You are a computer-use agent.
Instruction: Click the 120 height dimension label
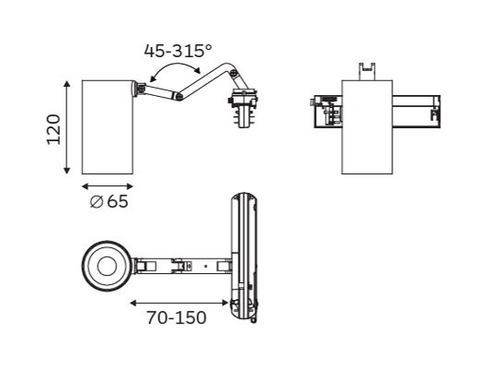click(53, 129)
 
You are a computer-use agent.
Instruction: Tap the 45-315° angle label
click(178, 51)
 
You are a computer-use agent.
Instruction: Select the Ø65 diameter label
click(109, 201)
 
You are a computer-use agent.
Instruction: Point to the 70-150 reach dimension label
click(177, 317)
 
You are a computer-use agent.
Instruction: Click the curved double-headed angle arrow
click(175, 64)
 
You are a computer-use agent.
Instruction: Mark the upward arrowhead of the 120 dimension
click(66, 83)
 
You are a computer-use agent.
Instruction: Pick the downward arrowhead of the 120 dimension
click(66, 171)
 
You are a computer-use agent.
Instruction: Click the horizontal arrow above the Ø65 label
click(108, 186)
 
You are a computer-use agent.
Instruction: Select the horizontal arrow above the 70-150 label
click(179, 303)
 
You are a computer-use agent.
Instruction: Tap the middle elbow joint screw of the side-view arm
click(179, 97)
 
